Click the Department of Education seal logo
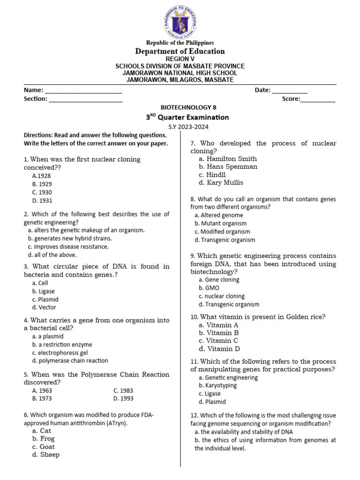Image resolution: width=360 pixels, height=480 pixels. [180, 20]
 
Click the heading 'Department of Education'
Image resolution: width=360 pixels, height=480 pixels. [180, 51]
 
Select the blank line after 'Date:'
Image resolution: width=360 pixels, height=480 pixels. [290, 90]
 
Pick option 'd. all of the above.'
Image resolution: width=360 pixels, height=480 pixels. [52, 255]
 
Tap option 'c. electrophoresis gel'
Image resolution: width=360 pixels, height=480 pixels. [60, 352]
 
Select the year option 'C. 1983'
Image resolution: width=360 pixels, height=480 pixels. [123, 390]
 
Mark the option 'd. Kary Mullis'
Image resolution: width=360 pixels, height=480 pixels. [221, 183]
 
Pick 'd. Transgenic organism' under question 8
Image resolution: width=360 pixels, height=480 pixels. [225, 240]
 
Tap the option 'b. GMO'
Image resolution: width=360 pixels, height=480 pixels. [209, 288]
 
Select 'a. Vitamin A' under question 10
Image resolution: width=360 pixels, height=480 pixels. [218, 325]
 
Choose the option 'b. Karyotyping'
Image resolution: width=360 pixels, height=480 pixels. [217, 385]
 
